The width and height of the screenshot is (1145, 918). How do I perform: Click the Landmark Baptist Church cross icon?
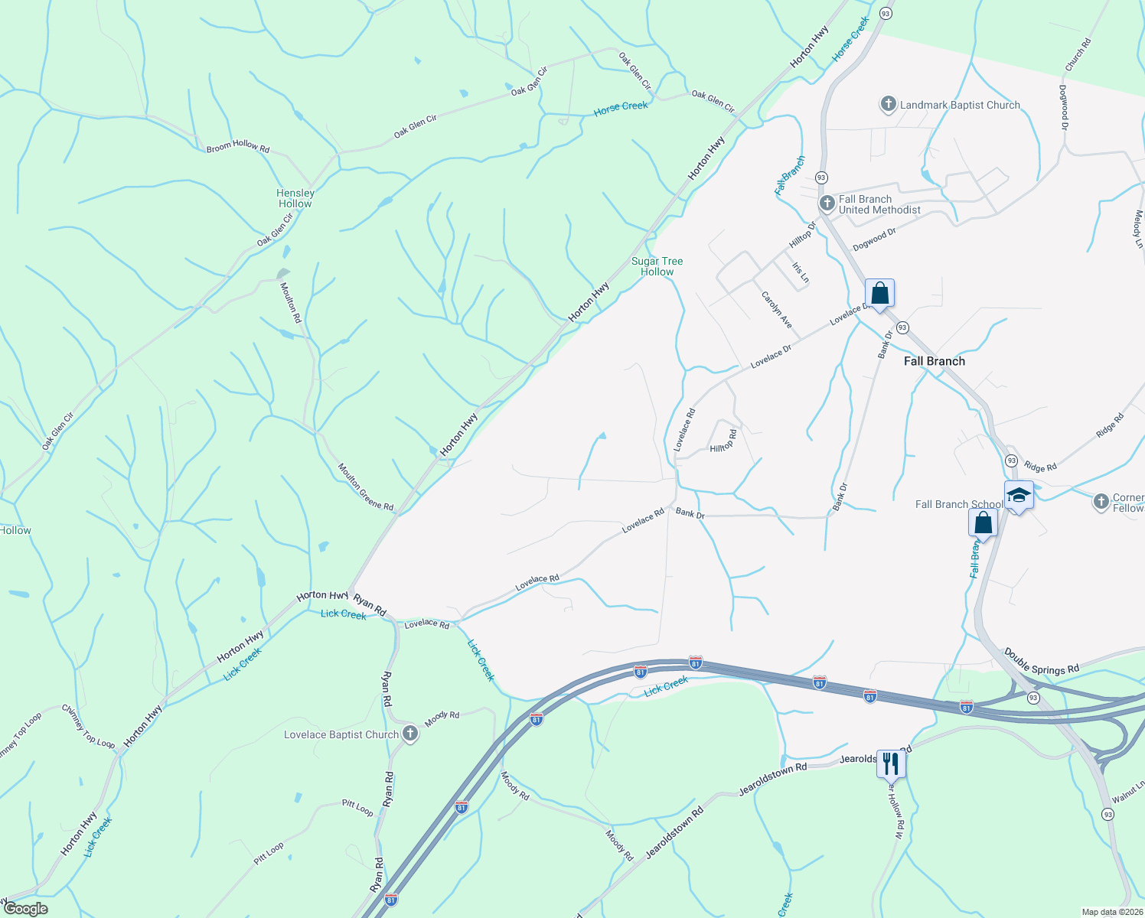[888, 104]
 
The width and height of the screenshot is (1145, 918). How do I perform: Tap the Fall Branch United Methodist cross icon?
[827, 203]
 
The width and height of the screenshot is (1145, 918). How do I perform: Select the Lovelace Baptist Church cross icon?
[410, 734]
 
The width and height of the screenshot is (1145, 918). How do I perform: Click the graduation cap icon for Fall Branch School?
[1019, 496]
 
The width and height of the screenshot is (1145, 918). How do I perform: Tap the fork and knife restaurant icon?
[891, 763]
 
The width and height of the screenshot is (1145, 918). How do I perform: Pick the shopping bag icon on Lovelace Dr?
[879, 293]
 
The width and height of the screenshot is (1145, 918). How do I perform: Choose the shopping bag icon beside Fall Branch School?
[983, 523]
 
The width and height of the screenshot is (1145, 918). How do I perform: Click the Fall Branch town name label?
[934, 361]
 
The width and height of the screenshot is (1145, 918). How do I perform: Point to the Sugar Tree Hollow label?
[657, 266]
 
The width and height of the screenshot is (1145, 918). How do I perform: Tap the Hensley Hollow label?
[295, 198]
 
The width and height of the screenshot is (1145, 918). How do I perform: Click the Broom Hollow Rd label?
[238, 146]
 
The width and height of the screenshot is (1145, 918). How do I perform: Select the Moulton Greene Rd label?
[366, 487]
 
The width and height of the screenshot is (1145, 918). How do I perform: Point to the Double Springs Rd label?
[1041, 662]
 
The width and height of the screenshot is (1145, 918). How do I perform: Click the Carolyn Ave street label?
[776, 310]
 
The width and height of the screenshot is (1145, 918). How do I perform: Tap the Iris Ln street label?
[800, 273]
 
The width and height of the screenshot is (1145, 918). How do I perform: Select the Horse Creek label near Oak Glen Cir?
[621, 107]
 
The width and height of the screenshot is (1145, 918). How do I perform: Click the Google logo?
[25, 909]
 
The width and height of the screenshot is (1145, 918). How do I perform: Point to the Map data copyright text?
[1112, 912]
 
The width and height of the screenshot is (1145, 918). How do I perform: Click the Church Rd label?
[1078, 56]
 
